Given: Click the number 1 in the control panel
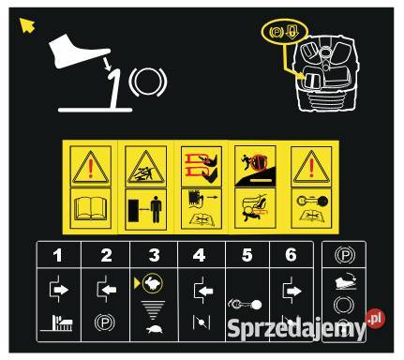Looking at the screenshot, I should [58, 255].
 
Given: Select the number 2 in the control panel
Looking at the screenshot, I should [106, 255].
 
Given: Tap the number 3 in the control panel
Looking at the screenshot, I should [154, 255].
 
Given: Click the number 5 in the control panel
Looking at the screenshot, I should [247, 255].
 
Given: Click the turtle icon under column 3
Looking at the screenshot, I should [154, 330].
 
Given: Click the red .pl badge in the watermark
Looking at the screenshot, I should [374, 318].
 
